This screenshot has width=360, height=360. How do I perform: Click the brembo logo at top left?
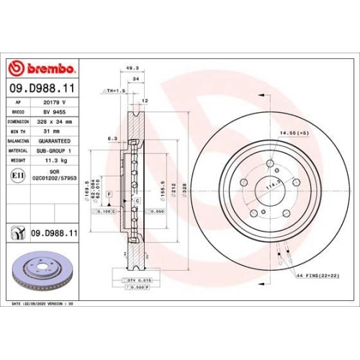pyautogui.click(x=40, y=68)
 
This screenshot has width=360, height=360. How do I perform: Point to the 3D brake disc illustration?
pyautogui.click(x=40, y=274)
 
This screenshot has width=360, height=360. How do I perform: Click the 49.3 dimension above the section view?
pyautogui.click(x=132, y=68)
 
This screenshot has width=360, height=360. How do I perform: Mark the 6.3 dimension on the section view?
pyautogui.click(x=112, y=138)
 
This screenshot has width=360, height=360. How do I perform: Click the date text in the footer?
pyautogui.click(x=43, y=305)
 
